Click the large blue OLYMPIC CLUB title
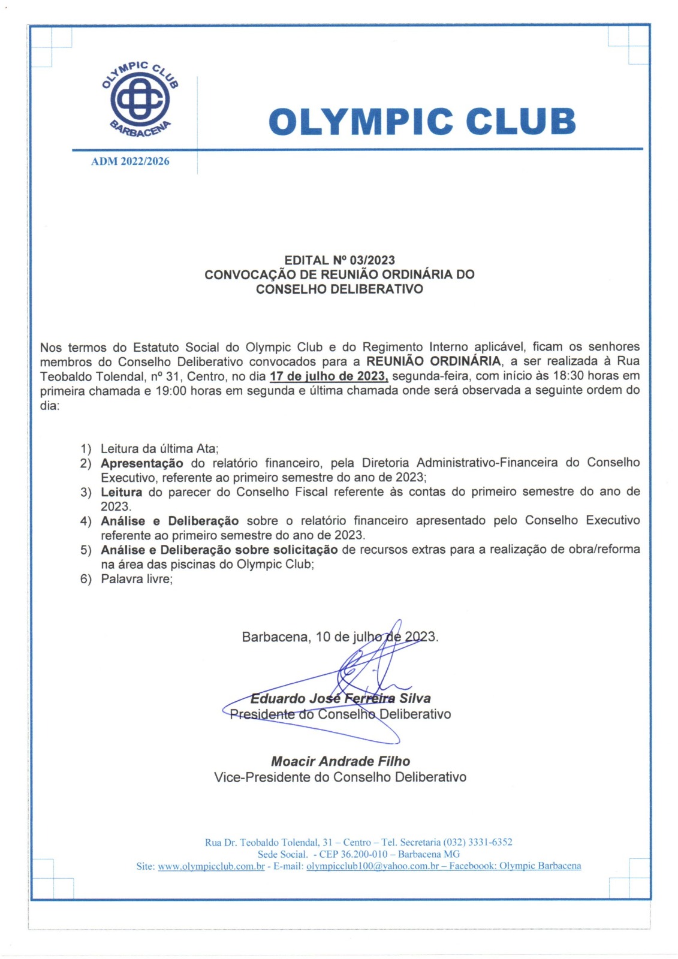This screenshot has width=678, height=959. [x=422, y=121]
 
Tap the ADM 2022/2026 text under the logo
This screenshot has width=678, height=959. [x=130, y=161]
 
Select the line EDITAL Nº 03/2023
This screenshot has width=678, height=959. [x=339, y=260]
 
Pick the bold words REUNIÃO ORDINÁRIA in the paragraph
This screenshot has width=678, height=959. [x=433, y=361]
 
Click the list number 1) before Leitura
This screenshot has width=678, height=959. [x=86, y=449]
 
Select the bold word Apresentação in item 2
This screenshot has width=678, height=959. [x=142, y=463]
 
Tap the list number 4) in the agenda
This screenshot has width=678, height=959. [x=86, y=521]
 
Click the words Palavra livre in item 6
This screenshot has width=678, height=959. [x=136, y=579]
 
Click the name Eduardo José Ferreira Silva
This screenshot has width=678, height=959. [x=340, y=699]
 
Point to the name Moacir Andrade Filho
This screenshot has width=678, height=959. [x=340, y=762]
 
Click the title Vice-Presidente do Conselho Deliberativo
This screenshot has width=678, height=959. [x=340, y=777]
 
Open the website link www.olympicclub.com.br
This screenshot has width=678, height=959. [x=211, y=866]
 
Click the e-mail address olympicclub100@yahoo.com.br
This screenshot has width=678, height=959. [x=372, y=866]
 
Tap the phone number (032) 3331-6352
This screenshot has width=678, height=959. [x=478, y=843]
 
